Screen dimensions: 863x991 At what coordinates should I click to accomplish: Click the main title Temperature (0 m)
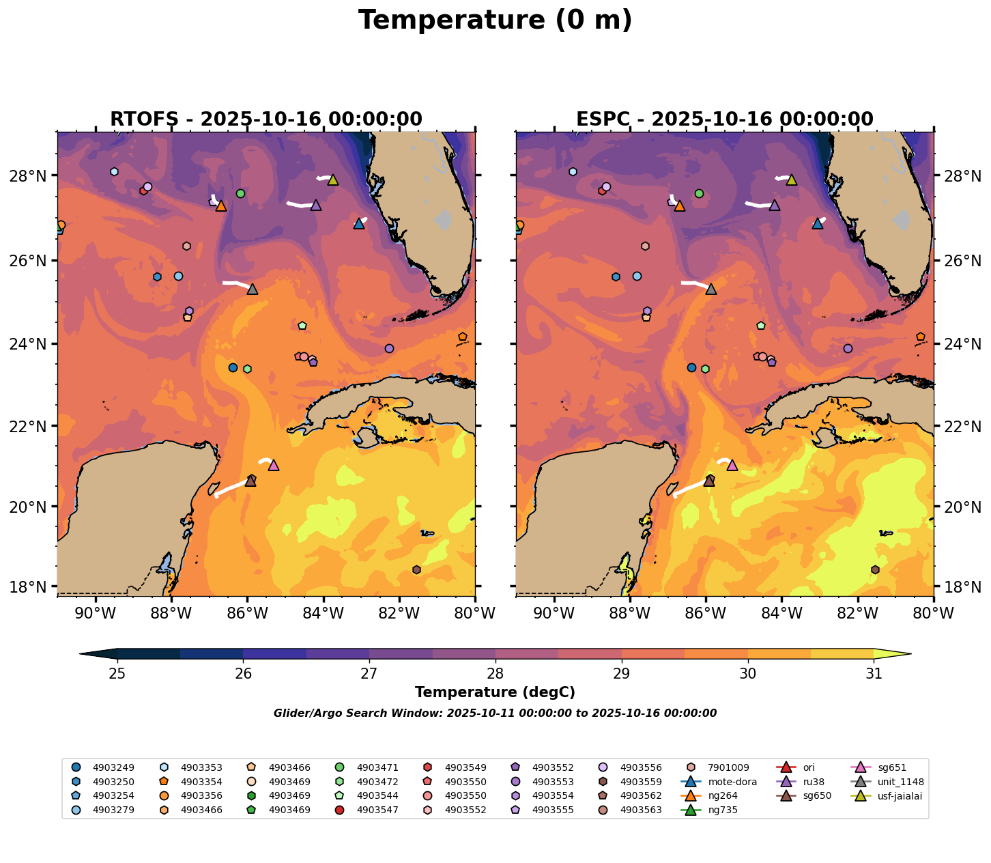coord(496,20)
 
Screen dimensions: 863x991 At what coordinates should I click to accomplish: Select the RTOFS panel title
coord(266,119)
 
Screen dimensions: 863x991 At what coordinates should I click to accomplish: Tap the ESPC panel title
coord(725,119)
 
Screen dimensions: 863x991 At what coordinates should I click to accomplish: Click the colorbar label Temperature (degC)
coord(495,692)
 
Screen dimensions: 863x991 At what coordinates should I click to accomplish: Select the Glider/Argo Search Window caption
coord(495,713)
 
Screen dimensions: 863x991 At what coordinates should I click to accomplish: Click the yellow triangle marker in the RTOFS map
coord(333,180)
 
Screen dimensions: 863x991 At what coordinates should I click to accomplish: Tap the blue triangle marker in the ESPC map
coord(818,223)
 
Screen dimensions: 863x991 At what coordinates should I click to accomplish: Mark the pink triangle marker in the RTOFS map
coord(274,465)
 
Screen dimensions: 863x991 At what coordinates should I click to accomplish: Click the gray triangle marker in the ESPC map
coord(711,289)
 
